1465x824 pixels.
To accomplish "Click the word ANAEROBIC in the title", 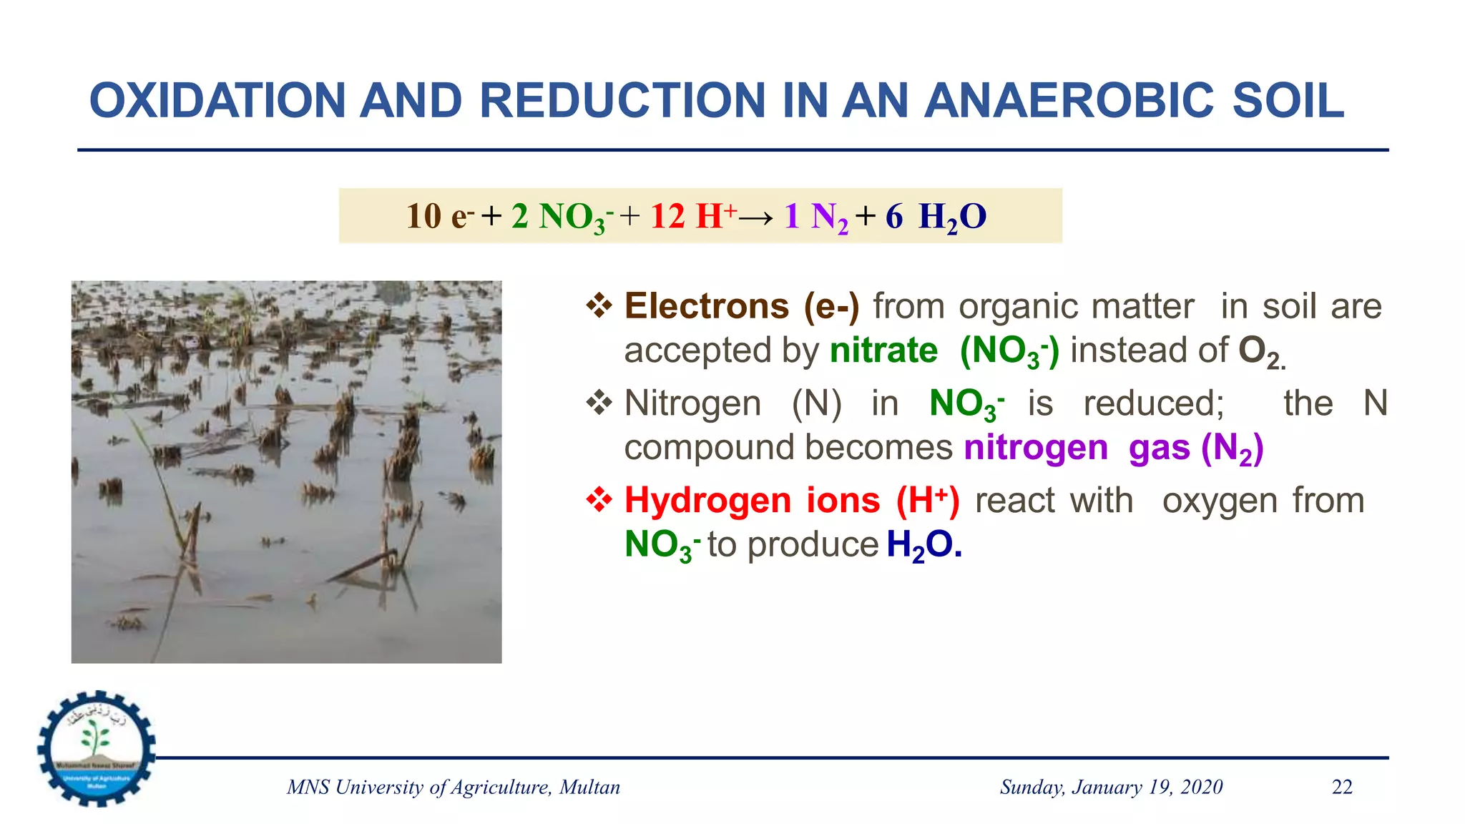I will coord(1069,100).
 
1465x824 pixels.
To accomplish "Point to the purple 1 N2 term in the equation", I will coord(815,217).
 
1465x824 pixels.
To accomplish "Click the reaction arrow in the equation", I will coord(756,217).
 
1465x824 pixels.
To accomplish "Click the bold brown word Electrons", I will coord(707,306).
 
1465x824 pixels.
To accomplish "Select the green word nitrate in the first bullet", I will coord(883,350).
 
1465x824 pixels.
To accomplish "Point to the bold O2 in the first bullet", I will coord(1258,352).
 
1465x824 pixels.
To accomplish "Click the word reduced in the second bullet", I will coord(1153,403).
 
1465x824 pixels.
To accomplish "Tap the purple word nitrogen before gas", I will coord(1036,448).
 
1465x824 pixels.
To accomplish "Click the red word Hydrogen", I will coord(707,501).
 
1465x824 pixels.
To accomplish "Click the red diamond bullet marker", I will coord(599,500).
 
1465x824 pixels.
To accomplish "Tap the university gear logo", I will coord(97,748).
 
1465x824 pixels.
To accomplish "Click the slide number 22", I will coord(1342,787).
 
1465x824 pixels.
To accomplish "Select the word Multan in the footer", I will coord(589,787).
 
